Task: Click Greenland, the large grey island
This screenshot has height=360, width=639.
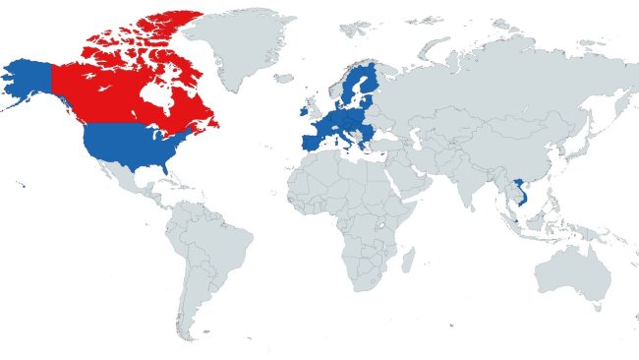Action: (x=236, y=44)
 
